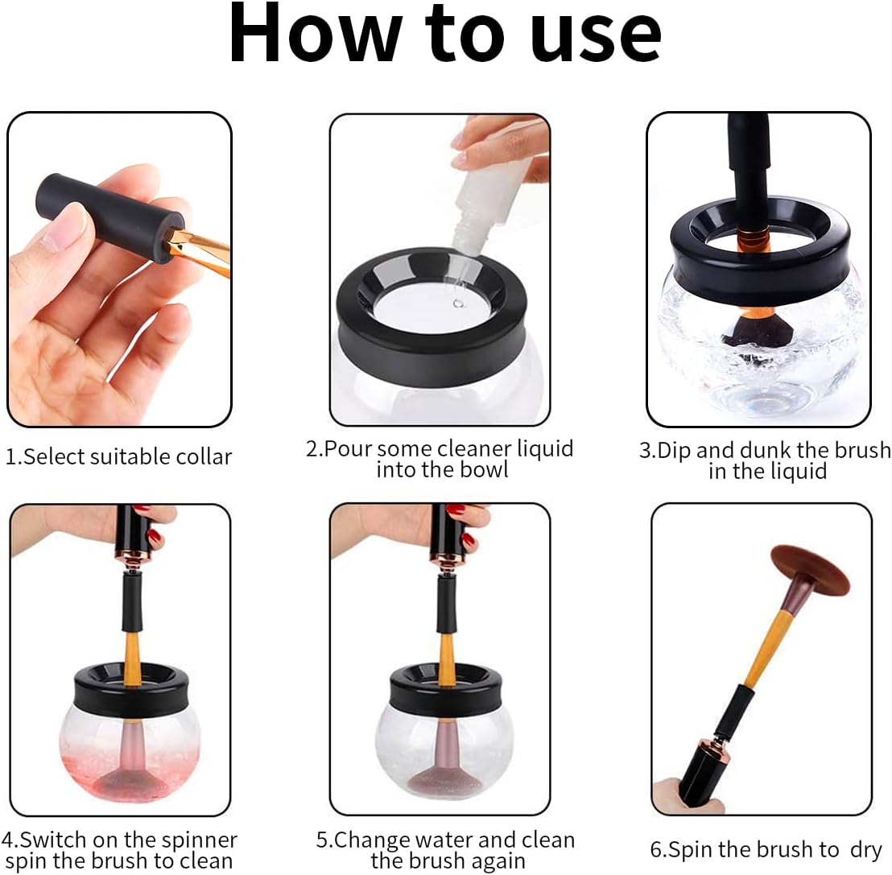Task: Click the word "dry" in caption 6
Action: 865,850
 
